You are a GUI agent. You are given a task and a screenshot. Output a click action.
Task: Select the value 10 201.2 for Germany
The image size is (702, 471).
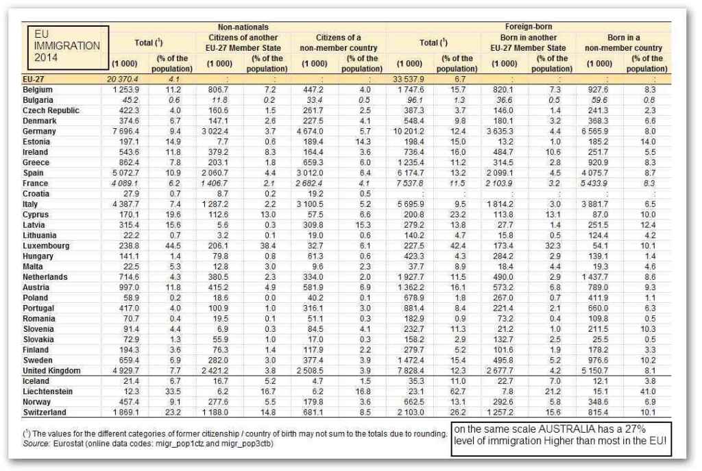(410, 131)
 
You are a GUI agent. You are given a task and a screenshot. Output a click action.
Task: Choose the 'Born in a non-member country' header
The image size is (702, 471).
(623, 43)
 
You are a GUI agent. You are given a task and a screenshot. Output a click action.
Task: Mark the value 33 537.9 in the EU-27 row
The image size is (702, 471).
(411, 80)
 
